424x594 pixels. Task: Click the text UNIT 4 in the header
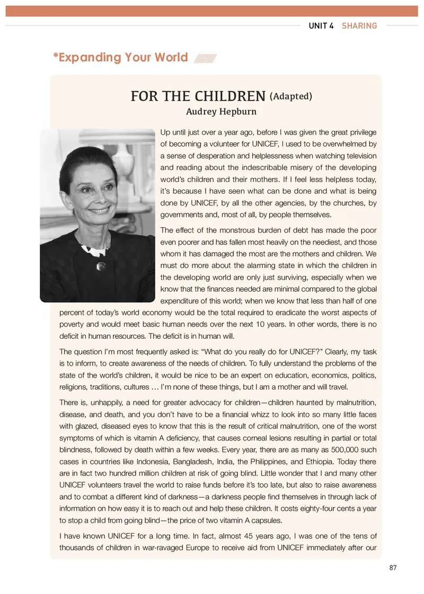321,25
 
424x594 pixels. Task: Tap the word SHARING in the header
359,25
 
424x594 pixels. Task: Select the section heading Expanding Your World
120,57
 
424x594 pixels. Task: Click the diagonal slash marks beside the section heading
205,58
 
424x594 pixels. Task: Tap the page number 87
393,568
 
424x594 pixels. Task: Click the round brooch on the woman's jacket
99,266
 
